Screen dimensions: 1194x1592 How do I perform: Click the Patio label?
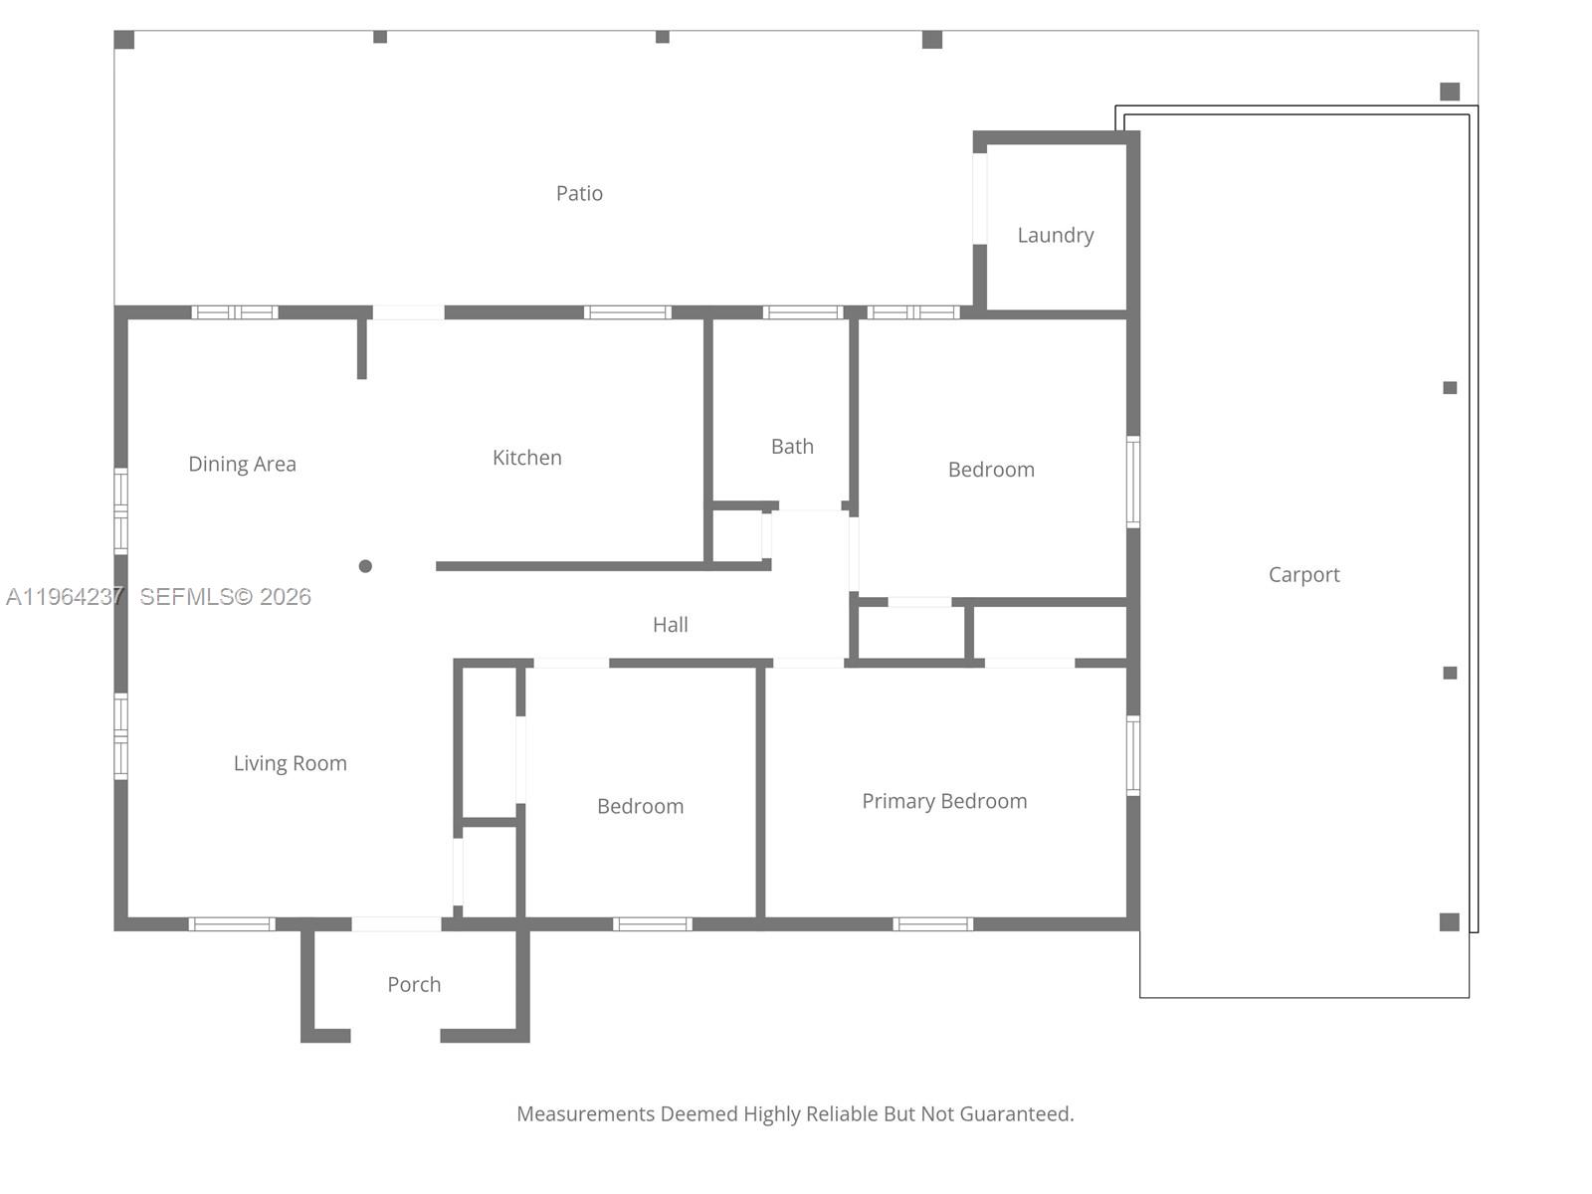pos(579,193)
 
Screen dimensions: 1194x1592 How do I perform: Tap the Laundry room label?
pos(1055,235)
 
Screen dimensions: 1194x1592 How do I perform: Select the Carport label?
pos(1303,574)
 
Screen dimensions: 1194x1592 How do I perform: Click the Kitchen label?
pos(526,458)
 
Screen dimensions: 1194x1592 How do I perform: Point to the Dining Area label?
pos(242,464)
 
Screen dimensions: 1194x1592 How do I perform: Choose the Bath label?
pos(792,447)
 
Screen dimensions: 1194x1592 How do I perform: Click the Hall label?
pos(670,625)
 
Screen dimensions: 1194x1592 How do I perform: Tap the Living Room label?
pos(290,763)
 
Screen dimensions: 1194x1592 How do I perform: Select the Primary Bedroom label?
pos(943,801)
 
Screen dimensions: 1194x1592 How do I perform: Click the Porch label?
pos(414,984)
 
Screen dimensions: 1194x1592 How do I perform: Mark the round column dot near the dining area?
pos(365,566)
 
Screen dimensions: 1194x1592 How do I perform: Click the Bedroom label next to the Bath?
pos(991,470)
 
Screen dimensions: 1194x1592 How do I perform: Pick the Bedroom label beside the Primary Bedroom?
pos(640,806)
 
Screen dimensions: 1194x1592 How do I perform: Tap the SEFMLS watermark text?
pos(225,596)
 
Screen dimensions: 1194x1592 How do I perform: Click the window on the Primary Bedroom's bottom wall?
pos(932,924)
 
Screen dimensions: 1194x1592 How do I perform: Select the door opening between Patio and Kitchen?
pos(408,312)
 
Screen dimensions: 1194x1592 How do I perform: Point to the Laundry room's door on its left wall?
pos(980,198)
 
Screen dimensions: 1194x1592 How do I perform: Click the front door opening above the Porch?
pos(396,924)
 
